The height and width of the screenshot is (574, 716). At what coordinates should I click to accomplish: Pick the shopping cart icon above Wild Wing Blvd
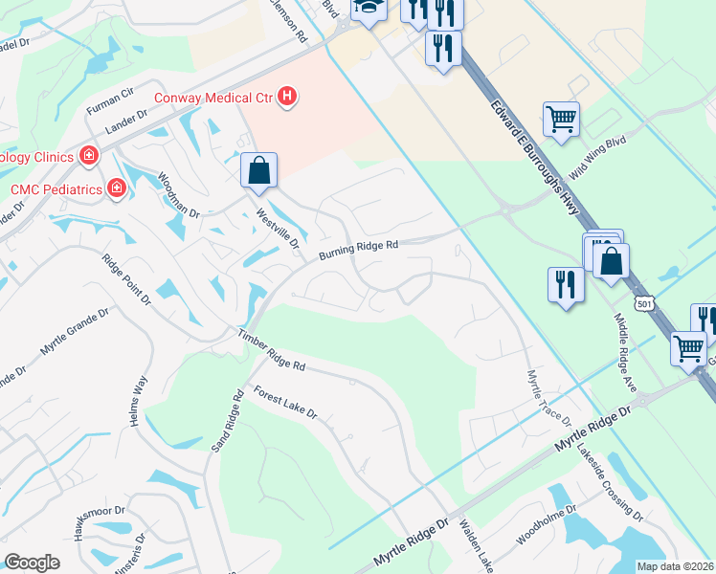[561, 120]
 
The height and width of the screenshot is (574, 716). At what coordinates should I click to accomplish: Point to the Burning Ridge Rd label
[358, 247]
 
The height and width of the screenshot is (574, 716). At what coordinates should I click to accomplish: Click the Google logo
[32, 563]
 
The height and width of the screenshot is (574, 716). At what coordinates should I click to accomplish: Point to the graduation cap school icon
[367, 9]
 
